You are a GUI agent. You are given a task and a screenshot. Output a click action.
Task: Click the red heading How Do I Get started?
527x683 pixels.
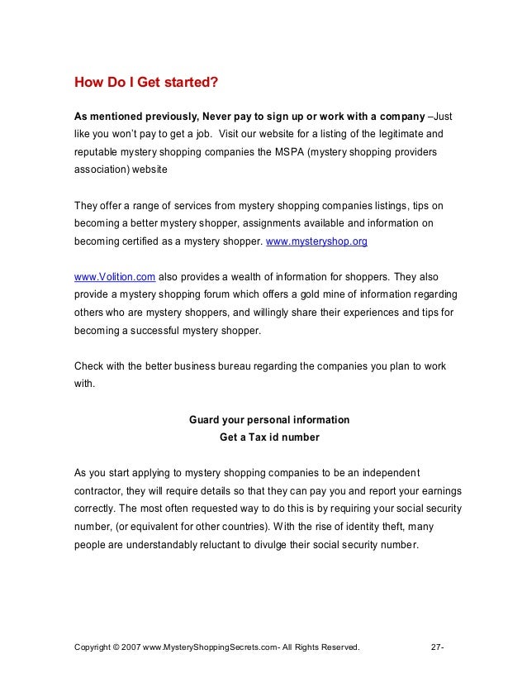[146, 83]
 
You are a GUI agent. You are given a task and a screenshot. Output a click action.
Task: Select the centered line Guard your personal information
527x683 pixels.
[269, 420]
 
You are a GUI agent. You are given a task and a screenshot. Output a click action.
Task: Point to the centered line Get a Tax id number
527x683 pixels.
[269, 437]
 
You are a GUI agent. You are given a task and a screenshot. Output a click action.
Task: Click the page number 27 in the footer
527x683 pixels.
[437, 646]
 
